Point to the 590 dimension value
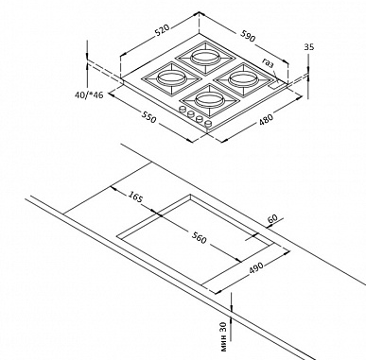[248, 35]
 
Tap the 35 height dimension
[309, 47]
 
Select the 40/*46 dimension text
[89, 94]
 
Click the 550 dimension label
[148, 117]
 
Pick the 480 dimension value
[266, 119]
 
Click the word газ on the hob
[268, 63]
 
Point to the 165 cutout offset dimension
[136, 197]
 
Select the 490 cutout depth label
[255, 268]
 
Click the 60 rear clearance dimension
[272, 218]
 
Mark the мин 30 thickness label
[223, 336]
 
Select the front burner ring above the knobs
[209, 99]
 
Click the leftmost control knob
[183, 110]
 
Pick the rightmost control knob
[208, 124]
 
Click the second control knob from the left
[190, 114]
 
